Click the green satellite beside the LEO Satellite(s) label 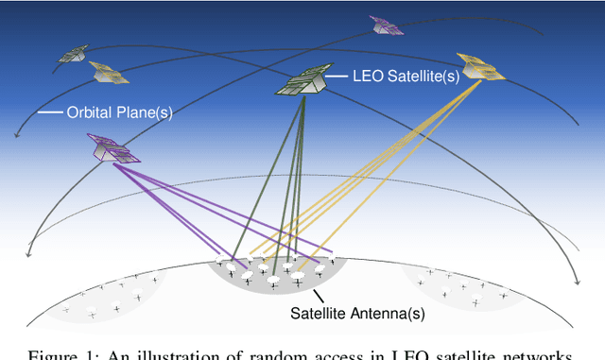(302, 81)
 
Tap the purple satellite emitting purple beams (112, 148)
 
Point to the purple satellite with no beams (387, 25)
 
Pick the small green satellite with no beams (73, 54)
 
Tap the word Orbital (90, 111)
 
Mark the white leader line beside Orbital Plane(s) (50, 111)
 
